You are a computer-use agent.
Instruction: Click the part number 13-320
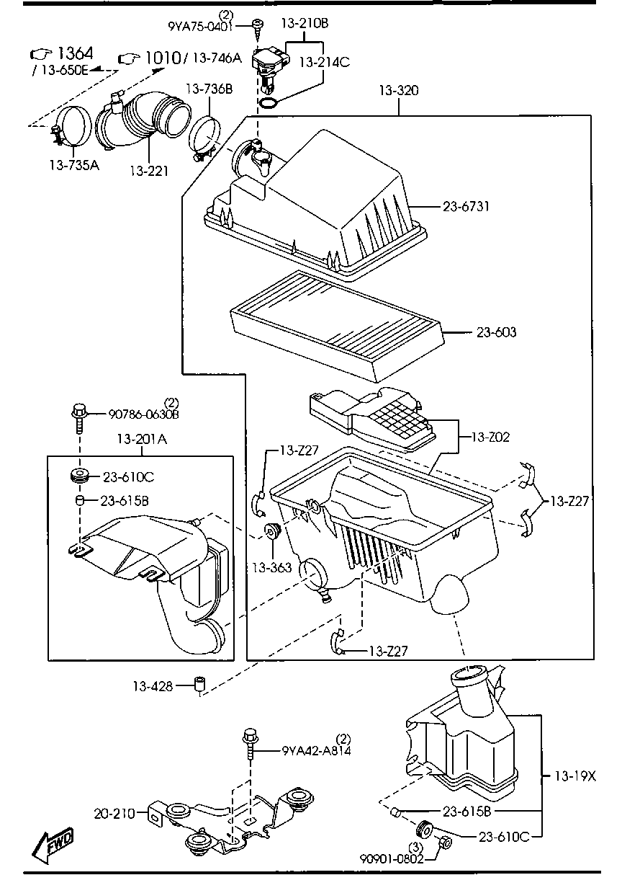[x=398, y=91]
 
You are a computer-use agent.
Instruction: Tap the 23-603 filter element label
[x=496, y=333]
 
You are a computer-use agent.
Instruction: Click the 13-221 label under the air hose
[x=149, y=171]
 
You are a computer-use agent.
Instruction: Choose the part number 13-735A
[x=74, y=165]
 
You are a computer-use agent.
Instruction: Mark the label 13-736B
[x=209, y=89]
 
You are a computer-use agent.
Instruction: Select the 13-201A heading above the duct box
[x=142, y=440]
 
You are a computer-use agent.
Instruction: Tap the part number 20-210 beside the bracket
[x=114, y=814]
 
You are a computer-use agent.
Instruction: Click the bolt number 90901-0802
[x=392, y=858]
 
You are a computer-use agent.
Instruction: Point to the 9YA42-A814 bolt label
[x=316, y=750]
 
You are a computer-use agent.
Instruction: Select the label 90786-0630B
[x=143, y=414]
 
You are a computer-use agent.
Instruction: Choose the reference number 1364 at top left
[x=74, y=53]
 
